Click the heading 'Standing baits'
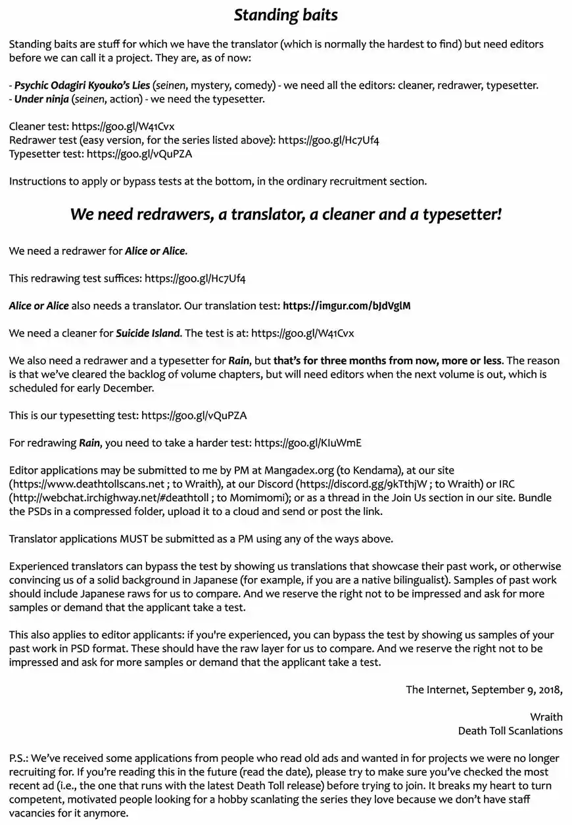(x=285, y=14)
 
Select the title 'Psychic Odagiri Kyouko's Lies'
(x=82, y=85)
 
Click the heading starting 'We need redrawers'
(x=285, y=214)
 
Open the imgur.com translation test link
(x=346, y=305)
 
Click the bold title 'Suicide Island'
(x=147, y=333)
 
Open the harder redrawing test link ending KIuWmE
(x=308, y=443)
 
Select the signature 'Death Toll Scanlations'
(x=510, y=730)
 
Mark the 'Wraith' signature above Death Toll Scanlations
(x=546, y=717)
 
